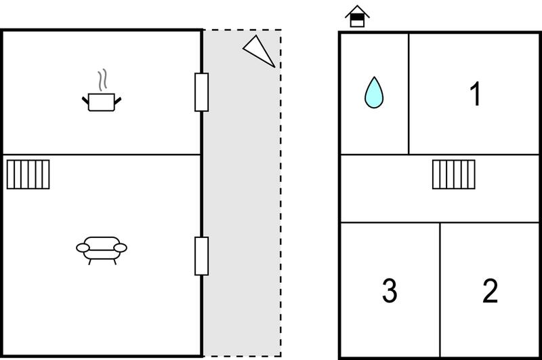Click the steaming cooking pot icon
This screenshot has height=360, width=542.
tap(101, 91)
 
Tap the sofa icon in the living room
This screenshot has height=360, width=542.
tap(102, 250)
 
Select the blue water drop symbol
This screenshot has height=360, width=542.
tap(374, 93)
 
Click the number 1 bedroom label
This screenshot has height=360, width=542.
tap(476, 94)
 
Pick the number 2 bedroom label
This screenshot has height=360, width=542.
tap(490, 290)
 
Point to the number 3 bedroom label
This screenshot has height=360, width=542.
tap(390, 290)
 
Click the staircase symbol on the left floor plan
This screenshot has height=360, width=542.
tap(28, 174)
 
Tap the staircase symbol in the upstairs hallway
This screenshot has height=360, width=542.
tap(454, 174)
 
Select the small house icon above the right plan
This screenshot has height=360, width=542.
tap(358, 16)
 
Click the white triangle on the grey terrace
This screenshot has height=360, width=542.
tap(259, 50)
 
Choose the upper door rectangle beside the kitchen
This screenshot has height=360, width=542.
tap(201, 92)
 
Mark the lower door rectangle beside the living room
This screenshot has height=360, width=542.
tap(201, 256)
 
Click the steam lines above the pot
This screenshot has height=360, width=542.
tap(102, 80)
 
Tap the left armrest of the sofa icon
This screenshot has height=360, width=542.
tap(83, 247)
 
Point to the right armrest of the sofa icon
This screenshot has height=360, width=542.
tap(121, 247)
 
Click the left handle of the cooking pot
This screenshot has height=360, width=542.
tap(85, 100)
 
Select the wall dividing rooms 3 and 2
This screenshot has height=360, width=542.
tap(440, 289)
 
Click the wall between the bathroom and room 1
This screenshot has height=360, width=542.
tap(409, 94)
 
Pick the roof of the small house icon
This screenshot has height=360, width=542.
tap(358, 11)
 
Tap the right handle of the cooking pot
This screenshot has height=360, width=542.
tap(118, 100)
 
